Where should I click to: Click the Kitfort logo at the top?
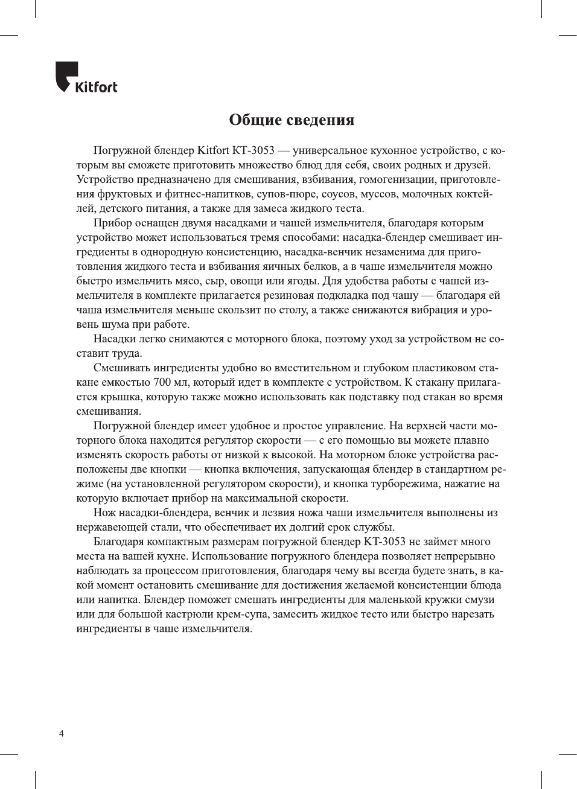[x=86, y=78]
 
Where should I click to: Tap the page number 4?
[x=62, y=733]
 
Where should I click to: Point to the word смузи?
[x=480, y=599]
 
